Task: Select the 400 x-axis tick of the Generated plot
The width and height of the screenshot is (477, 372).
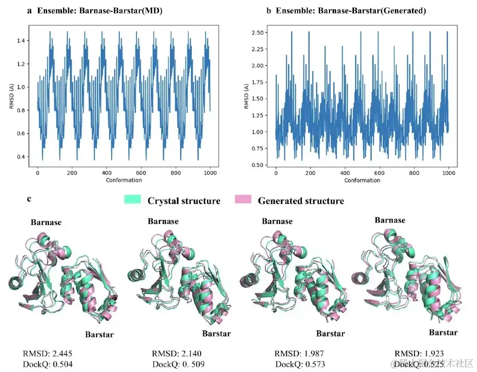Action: (345, 173)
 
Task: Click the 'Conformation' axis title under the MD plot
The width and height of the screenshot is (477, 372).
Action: (123, 180)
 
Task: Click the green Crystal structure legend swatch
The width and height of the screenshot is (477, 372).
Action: (133, 200)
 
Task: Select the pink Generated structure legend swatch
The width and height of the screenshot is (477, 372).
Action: (243, 200)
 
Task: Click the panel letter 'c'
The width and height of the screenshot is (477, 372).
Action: (29, 199)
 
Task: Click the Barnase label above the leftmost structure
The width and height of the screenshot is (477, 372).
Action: (46, 222)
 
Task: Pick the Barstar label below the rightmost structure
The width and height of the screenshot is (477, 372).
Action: (443, 332)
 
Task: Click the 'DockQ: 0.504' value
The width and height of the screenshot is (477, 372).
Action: (47, 364)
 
